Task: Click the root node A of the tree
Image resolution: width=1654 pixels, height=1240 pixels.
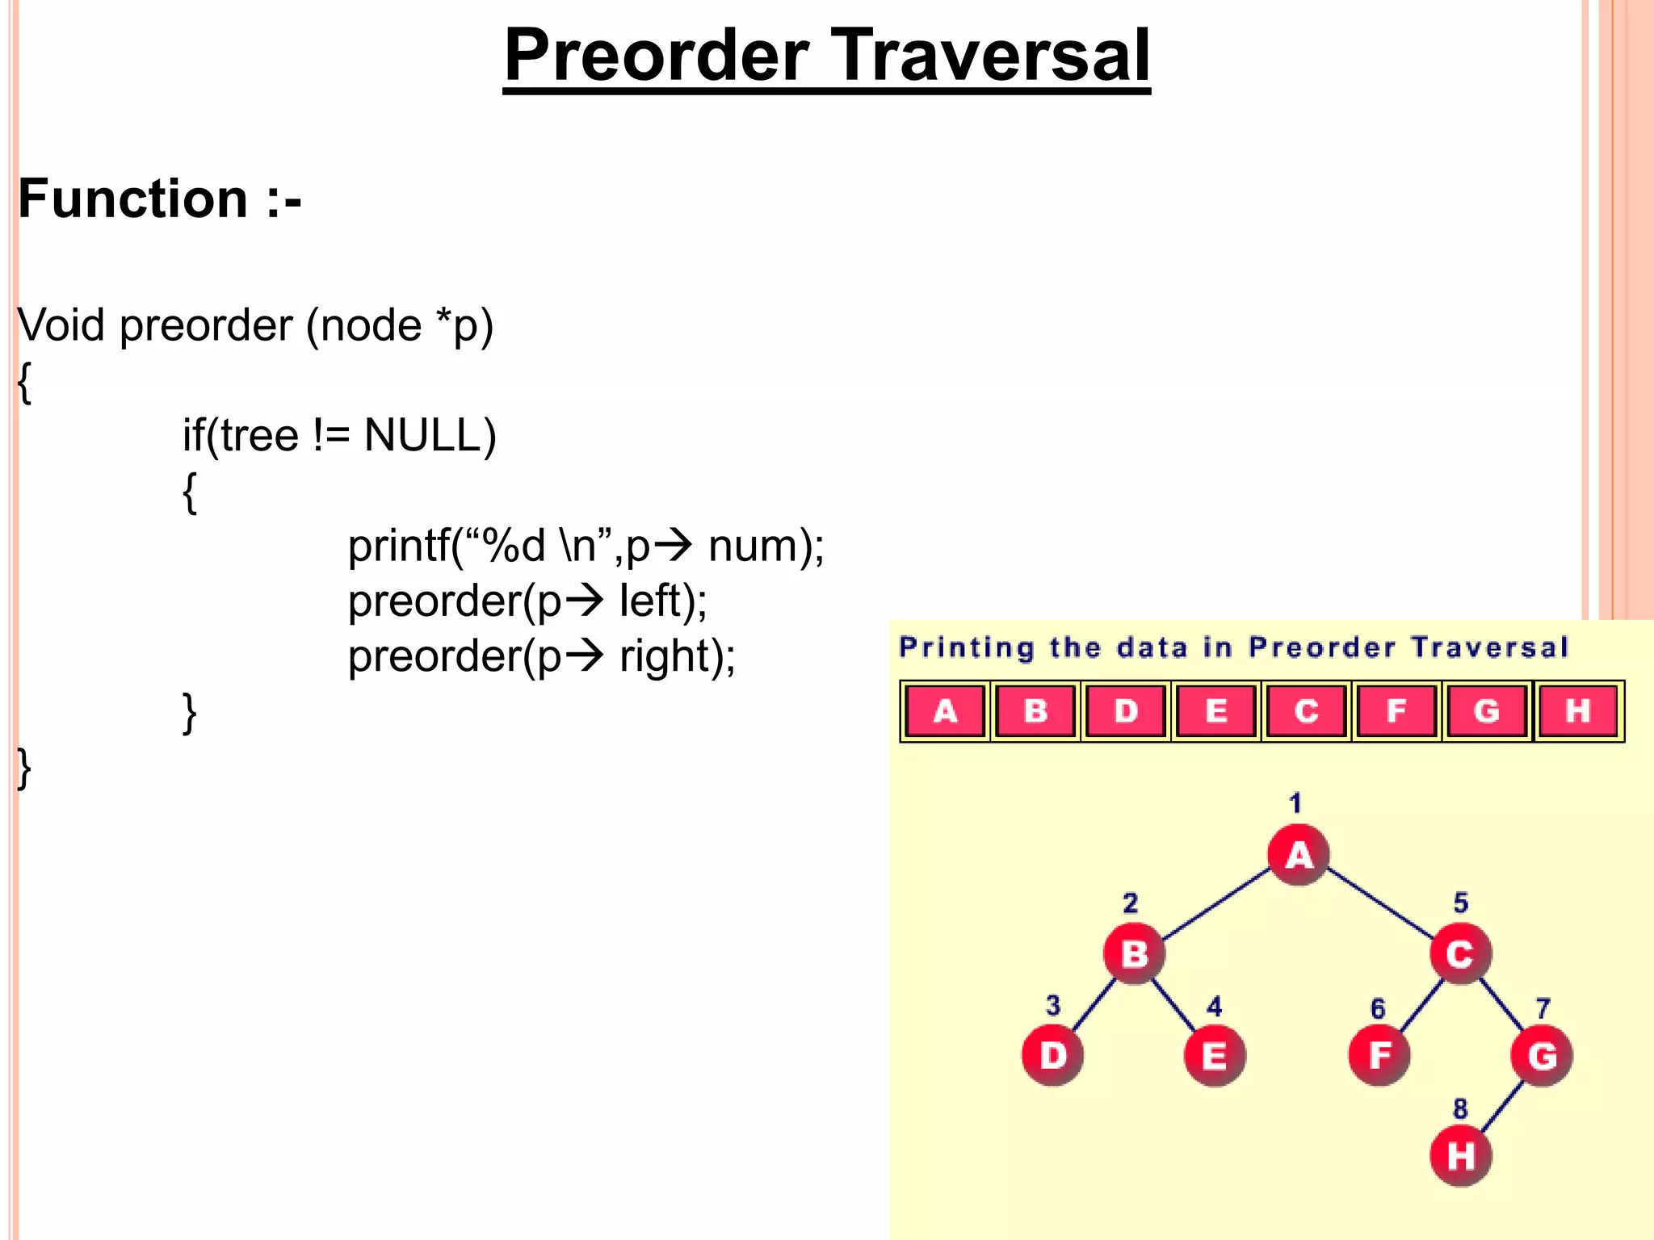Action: click(1298, 854)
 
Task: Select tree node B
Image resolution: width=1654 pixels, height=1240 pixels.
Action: click(1134, 953)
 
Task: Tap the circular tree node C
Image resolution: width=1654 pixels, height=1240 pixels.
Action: click(1460, 953)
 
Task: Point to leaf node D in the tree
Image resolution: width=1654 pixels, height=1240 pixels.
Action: click(1052, 1054)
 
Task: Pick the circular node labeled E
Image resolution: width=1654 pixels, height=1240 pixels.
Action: click(1215, 1055)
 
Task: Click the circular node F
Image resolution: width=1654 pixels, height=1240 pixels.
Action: click(1379, 1054)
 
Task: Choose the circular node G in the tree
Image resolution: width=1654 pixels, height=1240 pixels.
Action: click(1542, 1054)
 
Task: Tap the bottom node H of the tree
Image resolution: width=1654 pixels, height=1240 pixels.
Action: click(1460, 1155)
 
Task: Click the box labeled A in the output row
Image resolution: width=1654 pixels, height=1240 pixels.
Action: click(945, 710)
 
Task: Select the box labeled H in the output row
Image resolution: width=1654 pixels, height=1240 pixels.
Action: click(1577, 710)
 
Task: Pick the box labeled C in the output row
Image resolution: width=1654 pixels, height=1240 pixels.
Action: click(1306, 710)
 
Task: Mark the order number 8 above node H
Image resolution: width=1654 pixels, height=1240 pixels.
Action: click(1460, 1108)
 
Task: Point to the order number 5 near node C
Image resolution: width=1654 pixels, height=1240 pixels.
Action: click(1461, 902)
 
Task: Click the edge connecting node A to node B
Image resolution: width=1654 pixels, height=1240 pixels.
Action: click(1216, 904)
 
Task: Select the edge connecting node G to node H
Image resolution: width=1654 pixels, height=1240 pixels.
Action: click(1502, 1106)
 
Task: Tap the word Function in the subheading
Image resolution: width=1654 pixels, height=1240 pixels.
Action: click(133, 199)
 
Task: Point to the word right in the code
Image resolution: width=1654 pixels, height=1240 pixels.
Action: click(663, 656)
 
